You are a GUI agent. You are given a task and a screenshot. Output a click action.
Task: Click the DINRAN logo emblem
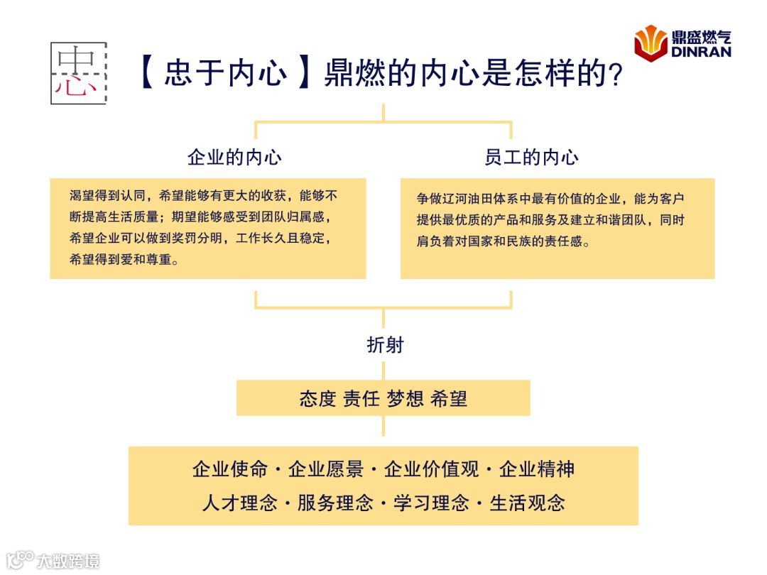[651, 42]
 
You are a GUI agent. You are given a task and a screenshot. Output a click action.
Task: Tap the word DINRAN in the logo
[701, 51]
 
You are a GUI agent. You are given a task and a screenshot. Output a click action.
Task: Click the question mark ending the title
[616, 75]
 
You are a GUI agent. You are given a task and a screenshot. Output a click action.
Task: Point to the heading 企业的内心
[234, 157]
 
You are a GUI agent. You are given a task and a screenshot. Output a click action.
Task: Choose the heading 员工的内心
[532, 157]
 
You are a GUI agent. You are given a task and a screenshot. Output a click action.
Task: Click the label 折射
[384, 344]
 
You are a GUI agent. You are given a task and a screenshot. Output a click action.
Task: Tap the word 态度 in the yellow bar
[317, 398]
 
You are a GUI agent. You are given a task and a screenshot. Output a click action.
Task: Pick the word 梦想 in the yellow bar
[405, 398]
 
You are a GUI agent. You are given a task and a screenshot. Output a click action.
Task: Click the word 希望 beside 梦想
[449, 398]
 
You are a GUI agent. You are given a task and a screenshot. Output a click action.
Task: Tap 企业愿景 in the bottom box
[326, 469]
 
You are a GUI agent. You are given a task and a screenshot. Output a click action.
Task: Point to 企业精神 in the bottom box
[537, 469]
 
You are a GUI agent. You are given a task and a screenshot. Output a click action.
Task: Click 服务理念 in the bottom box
[335, 503]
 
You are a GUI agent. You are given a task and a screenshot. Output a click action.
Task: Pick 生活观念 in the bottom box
[528, 503]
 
